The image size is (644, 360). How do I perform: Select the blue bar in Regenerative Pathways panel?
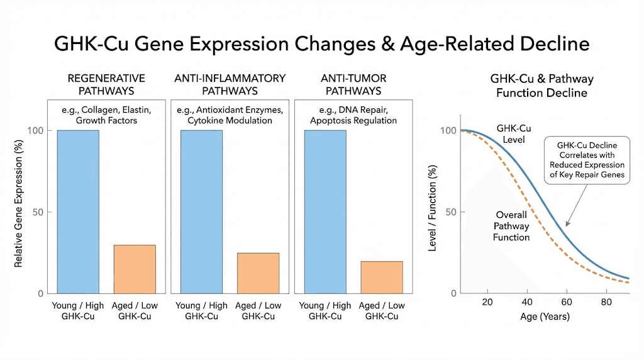[78, 211]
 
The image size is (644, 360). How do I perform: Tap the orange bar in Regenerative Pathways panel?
[135, 269]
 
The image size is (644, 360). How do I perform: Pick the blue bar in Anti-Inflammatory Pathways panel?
[201, 211]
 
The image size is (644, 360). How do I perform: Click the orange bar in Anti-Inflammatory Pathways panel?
[258, 273]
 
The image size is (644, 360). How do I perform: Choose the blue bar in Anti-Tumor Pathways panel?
[325, 211]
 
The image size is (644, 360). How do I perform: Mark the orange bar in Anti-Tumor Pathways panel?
[381, 277]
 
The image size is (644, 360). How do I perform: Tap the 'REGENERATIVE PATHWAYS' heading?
[106, 84]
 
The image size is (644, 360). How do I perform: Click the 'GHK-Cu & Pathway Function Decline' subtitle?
[541, 86]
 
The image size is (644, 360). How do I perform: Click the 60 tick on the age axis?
[567, 302]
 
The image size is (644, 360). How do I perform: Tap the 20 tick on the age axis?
[487, 302]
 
